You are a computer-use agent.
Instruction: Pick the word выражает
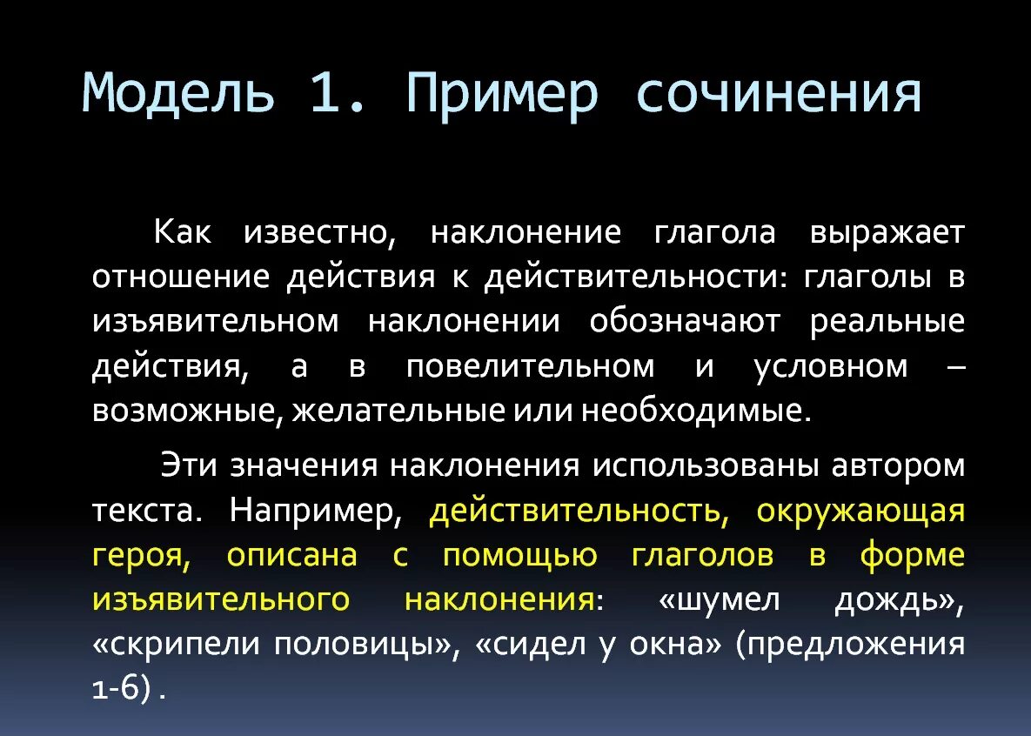[887, 232]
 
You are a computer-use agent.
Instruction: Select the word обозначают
[686, 321]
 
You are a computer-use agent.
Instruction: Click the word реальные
[887, 321]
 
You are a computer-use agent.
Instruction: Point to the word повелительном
[530, 366]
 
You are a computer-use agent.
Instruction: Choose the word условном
[830, 366]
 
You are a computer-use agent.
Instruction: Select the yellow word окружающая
[860, 511]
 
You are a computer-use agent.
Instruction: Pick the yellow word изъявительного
[221, 599]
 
